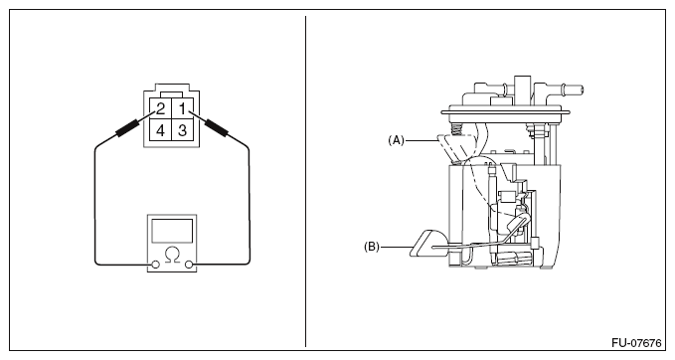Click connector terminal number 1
pyautogui.click(x=183, y=108)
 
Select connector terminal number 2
pyautogui.click(x=160, y=108)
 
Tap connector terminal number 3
pyautogui.click(x=183, y=130)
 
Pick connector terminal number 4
pyautogui.click(x=160, y=130)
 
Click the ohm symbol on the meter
pyautogui.click(x=172, y=255)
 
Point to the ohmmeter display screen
pyautogui.click(x=172, y=231)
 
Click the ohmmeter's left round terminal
pyautogui.click(x=156, y=265)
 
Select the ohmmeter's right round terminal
pyautogui.click(x=189, y=265)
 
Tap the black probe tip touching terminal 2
pyautogui.click(x=127, y=128)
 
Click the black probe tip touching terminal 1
pyautogui.click(x=216, y=128)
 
